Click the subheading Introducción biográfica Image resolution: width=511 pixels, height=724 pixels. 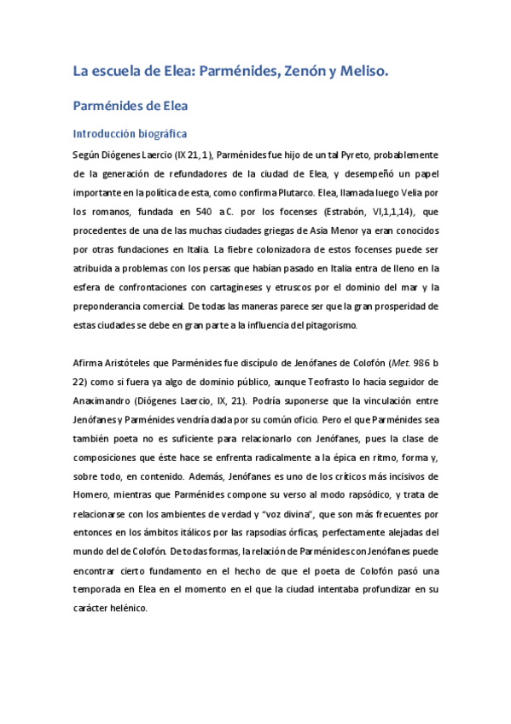pyautogui.click(x=130, y=134)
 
